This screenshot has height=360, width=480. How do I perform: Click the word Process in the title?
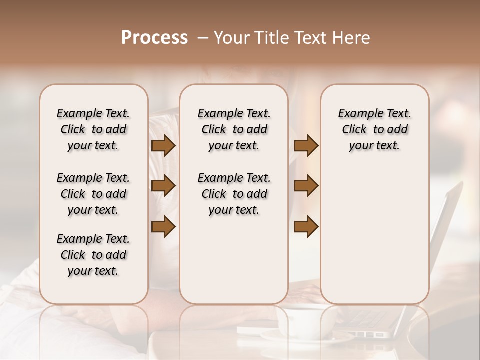[x=154, y=38]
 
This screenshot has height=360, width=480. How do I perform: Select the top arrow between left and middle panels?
[x=163, y=146]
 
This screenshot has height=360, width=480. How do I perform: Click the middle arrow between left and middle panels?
[x=163, y=186]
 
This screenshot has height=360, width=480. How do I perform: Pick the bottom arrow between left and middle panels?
[x=163, y=226]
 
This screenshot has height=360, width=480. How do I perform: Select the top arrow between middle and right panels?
[x=306, y=146]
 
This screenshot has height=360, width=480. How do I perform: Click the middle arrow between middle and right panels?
[x=306, y=186]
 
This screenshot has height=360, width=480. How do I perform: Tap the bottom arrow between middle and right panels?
[x=306, y=226]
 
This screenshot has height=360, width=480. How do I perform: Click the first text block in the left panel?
[x=93, y=129]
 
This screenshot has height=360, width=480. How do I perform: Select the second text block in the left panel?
[x=93, y=194]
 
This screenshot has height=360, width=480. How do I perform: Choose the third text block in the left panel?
[x=93, y=255]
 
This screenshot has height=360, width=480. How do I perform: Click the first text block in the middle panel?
[x=234, y=129]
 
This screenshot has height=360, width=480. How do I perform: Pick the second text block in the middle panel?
[x=234, y=194]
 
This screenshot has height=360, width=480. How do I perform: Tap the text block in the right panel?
[x=374, y=129]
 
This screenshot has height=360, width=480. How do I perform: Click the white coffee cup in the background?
[x=300, y=320]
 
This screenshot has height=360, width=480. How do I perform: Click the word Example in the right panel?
[x=357, y=114]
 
